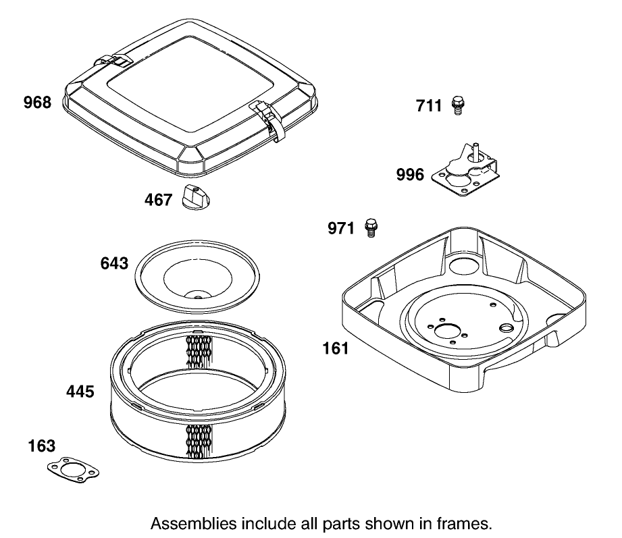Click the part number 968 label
tap(37, 103)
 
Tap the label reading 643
tap(114, 263)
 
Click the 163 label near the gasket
tap(42, 446)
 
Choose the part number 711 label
tap(428, 105)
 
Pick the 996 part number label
tap(410, 175)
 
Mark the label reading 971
tap(341, 229)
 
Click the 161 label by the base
tap(336, 348)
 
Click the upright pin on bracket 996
tap(474, 149)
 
